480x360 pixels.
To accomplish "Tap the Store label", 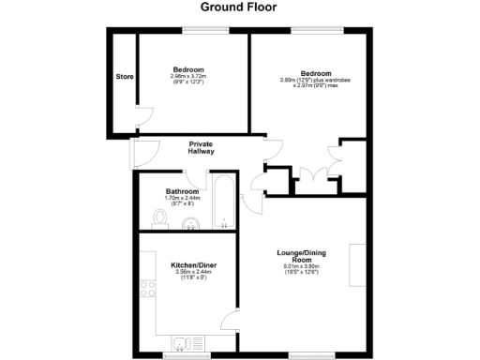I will [x=123, y=77].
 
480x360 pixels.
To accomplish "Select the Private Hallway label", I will [x=202, y=148].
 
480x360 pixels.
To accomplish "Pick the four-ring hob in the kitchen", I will [x=147, y=293].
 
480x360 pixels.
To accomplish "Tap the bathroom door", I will [x=190, y=173].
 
